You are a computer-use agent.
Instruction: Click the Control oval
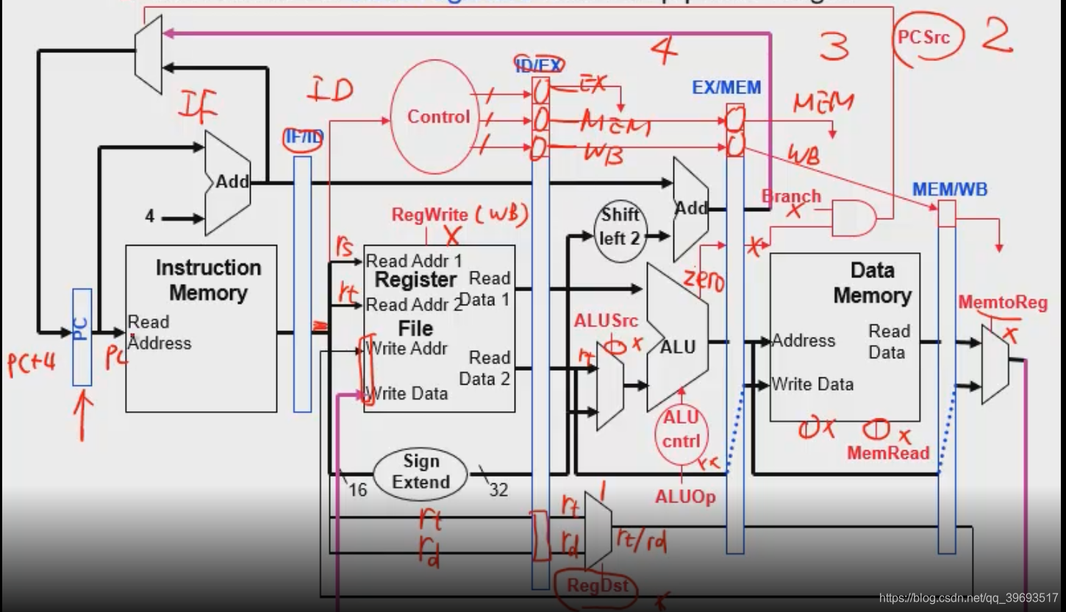pyautogui.click(x=438, y=117)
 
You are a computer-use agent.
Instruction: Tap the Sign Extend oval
pyautogui.click(x=421, y=472)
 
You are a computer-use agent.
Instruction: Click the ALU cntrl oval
pyautogui.click(x=682, y=432)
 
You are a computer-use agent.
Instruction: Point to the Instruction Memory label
pyautogui.click(x=208, y=280)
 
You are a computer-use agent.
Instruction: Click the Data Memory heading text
pyautogui.click(x=872, y=283)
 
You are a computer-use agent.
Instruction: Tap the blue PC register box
pyautogui.click(x=82, y=336)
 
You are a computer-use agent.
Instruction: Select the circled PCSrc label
pyautogui.click(x=923, y=37)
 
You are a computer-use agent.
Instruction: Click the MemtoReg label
pyautogui.click(x=1003, y=303)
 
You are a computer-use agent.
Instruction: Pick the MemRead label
pyautogui.click(x=888, y=452)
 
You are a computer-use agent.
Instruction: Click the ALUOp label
pyautogui.click(x=685, y=497)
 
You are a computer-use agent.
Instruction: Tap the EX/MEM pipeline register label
pyautogui.click(x=726, y=88)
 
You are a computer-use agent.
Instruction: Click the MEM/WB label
pyautogui.click(x=950, y=189)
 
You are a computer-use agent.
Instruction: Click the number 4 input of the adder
pyautogui.click(x=150, y=217)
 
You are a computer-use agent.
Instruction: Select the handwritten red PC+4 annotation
pyautogui.click(x=32, y=363)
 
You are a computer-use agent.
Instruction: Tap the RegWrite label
pyautogui.click(x=429, y=215)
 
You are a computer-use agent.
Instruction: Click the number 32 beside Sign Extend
pyautogui.click(x=498, y=489)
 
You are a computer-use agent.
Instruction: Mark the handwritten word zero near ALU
pyautogui.click(x=704, y=281)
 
